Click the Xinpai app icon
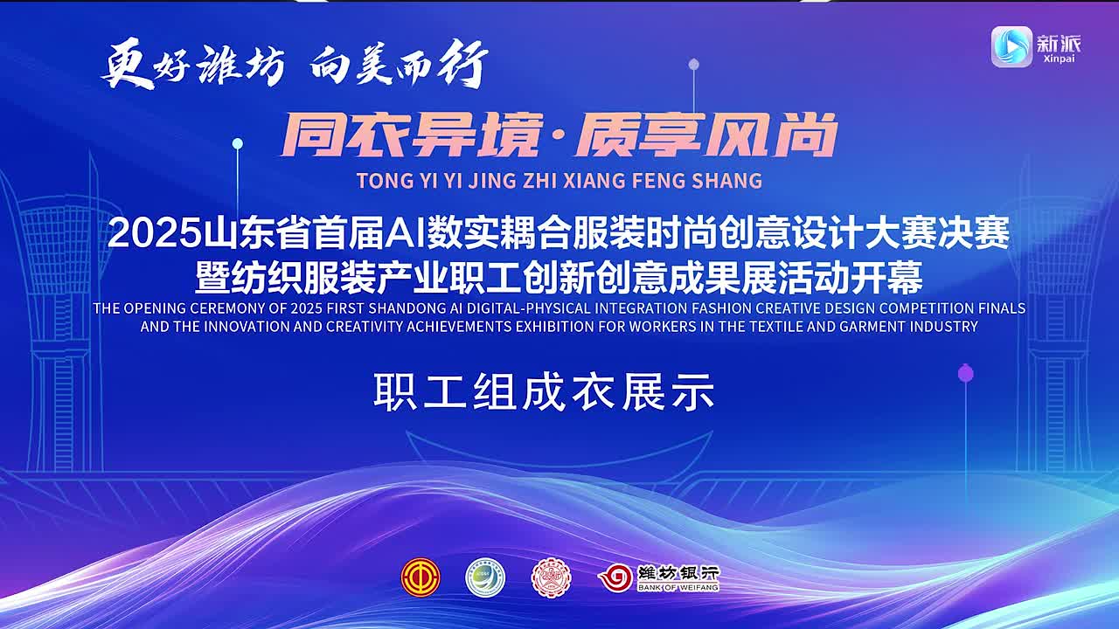1011,46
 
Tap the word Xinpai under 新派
1059,59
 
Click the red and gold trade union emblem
420,577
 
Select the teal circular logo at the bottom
485,577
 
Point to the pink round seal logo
551,577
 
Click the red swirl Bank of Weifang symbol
615,578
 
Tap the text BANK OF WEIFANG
678,588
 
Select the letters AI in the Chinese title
404,233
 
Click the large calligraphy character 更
128,64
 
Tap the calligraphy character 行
462,64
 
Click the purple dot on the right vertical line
966,373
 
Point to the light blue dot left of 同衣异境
238,144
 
